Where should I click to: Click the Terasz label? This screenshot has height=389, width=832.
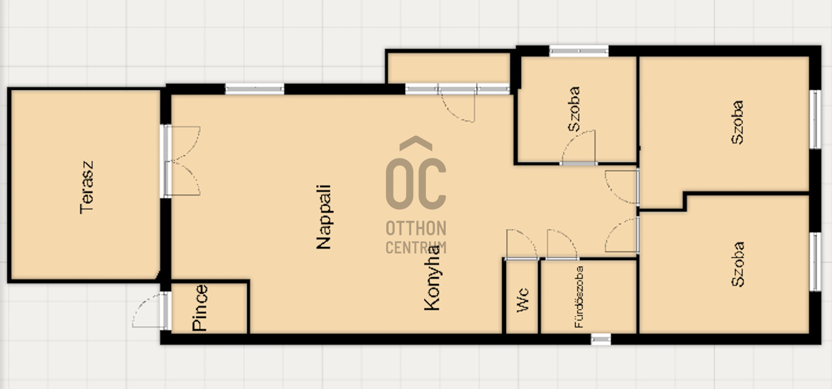(x=87, y=187)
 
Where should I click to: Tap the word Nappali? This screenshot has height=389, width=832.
(x=324, y=217)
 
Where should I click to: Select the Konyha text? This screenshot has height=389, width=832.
(x=432, y=277)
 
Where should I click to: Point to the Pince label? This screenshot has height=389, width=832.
(x=200, y=308)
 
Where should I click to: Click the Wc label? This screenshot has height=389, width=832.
(x=523, y=300)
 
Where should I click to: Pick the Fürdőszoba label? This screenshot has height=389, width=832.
(x=579, y=297)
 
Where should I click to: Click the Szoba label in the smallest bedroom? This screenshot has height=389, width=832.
(x=574, y=109)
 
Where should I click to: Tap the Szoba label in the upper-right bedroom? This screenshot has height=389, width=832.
(x=737, y=122)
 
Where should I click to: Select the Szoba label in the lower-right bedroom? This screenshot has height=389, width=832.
(x=738, y=264)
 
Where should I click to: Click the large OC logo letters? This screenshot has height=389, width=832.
(x=416, y=183)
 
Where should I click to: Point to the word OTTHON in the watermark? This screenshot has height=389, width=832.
(x=416, y=228)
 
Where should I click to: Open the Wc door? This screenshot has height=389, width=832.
(x=522, y=244)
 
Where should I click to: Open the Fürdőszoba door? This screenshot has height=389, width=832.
(x=562, y=244)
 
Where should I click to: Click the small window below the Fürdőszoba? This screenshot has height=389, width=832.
(x=600, y=339)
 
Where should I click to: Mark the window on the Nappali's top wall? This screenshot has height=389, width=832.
(x=254, y=88)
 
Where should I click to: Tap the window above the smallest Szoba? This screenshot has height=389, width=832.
(x=579, y=51)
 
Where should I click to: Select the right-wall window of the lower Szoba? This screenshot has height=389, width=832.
(x=815, y=262)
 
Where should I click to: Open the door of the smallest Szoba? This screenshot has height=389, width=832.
(x=579, y=147)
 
